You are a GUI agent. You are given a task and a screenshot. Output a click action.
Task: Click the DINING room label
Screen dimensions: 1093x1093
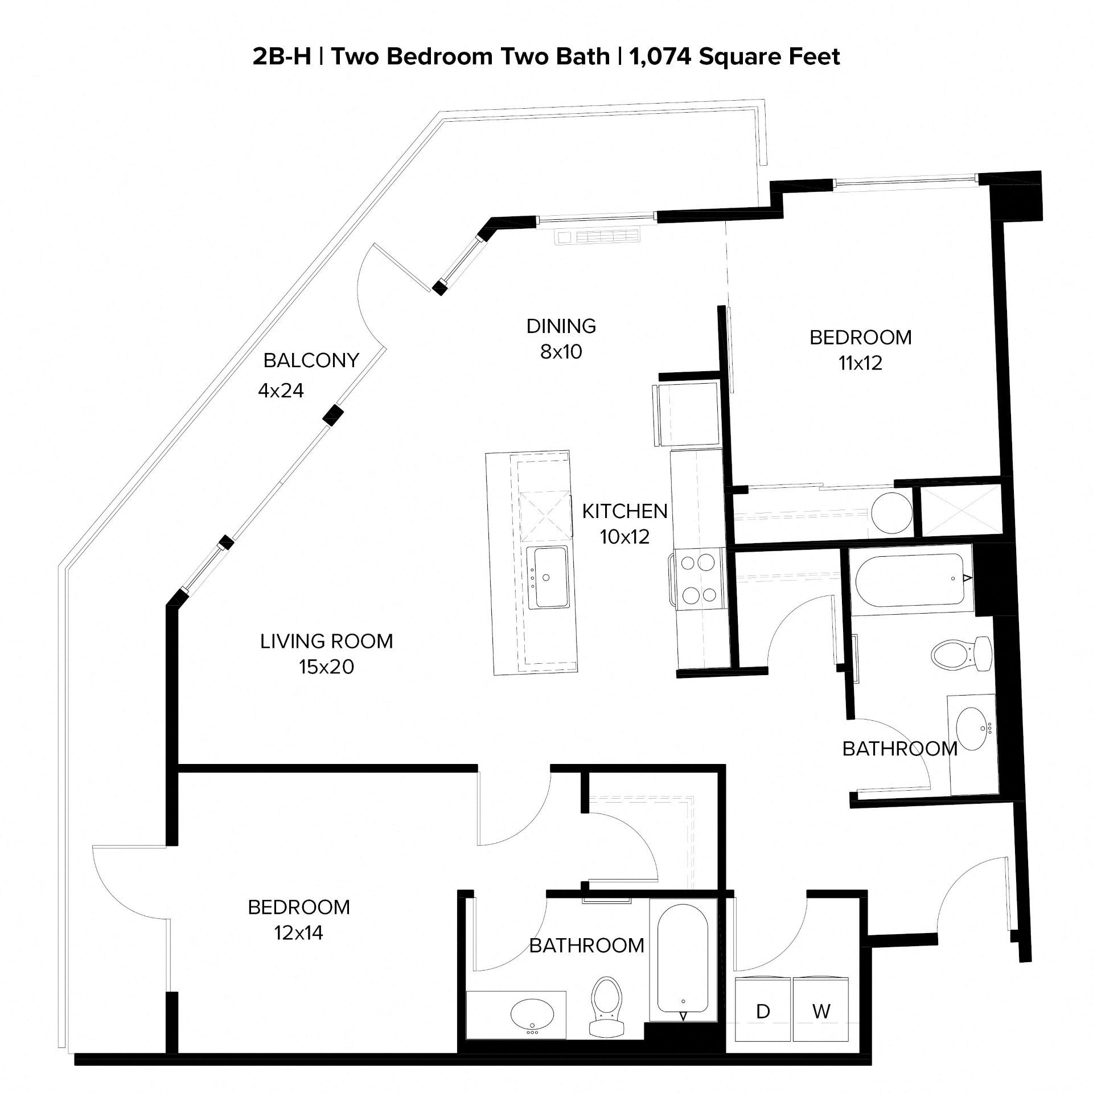561,326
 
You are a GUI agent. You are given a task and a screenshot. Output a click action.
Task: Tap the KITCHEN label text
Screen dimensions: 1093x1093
624,511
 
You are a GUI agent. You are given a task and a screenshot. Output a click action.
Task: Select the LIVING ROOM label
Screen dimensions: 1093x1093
326,642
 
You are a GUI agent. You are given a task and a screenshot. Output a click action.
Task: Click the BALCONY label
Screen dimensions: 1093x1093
311,360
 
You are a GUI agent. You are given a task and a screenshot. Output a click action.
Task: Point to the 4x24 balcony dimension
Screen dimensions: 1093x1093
281,391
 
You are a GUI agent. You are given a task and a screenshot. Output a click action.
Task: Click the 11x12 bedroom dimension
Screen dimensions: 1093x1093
860,363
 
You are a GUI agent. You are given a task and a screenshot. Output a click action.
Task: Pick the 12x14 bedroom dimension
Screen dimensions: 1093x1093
298,933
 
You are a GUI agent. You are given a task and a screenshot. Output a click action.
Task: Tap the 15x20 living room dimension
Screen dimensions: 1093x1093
326,667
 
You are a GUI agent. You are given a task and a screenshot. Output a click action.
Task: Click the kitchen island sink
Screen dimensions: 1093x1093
547,577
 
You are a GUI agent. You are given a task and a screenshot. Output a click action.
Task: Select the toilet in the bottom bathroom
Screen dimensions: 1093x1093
606,1007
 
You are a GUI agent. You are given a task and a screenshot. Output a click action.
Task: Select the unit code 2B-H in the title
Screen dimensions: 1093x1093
281,57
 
